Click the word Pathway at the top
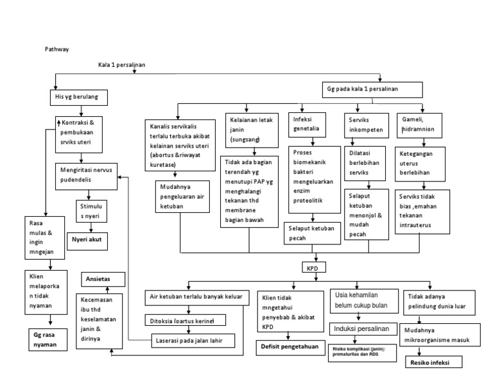(56, 49)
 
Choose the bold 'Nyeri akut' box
(90, 241)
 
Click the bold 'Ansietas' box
(98, 280)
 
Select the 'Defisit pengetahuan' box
(290, 346)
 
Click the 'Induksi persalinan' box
(361, 328)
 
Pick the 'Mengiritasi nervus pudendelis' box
(86, 176)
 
